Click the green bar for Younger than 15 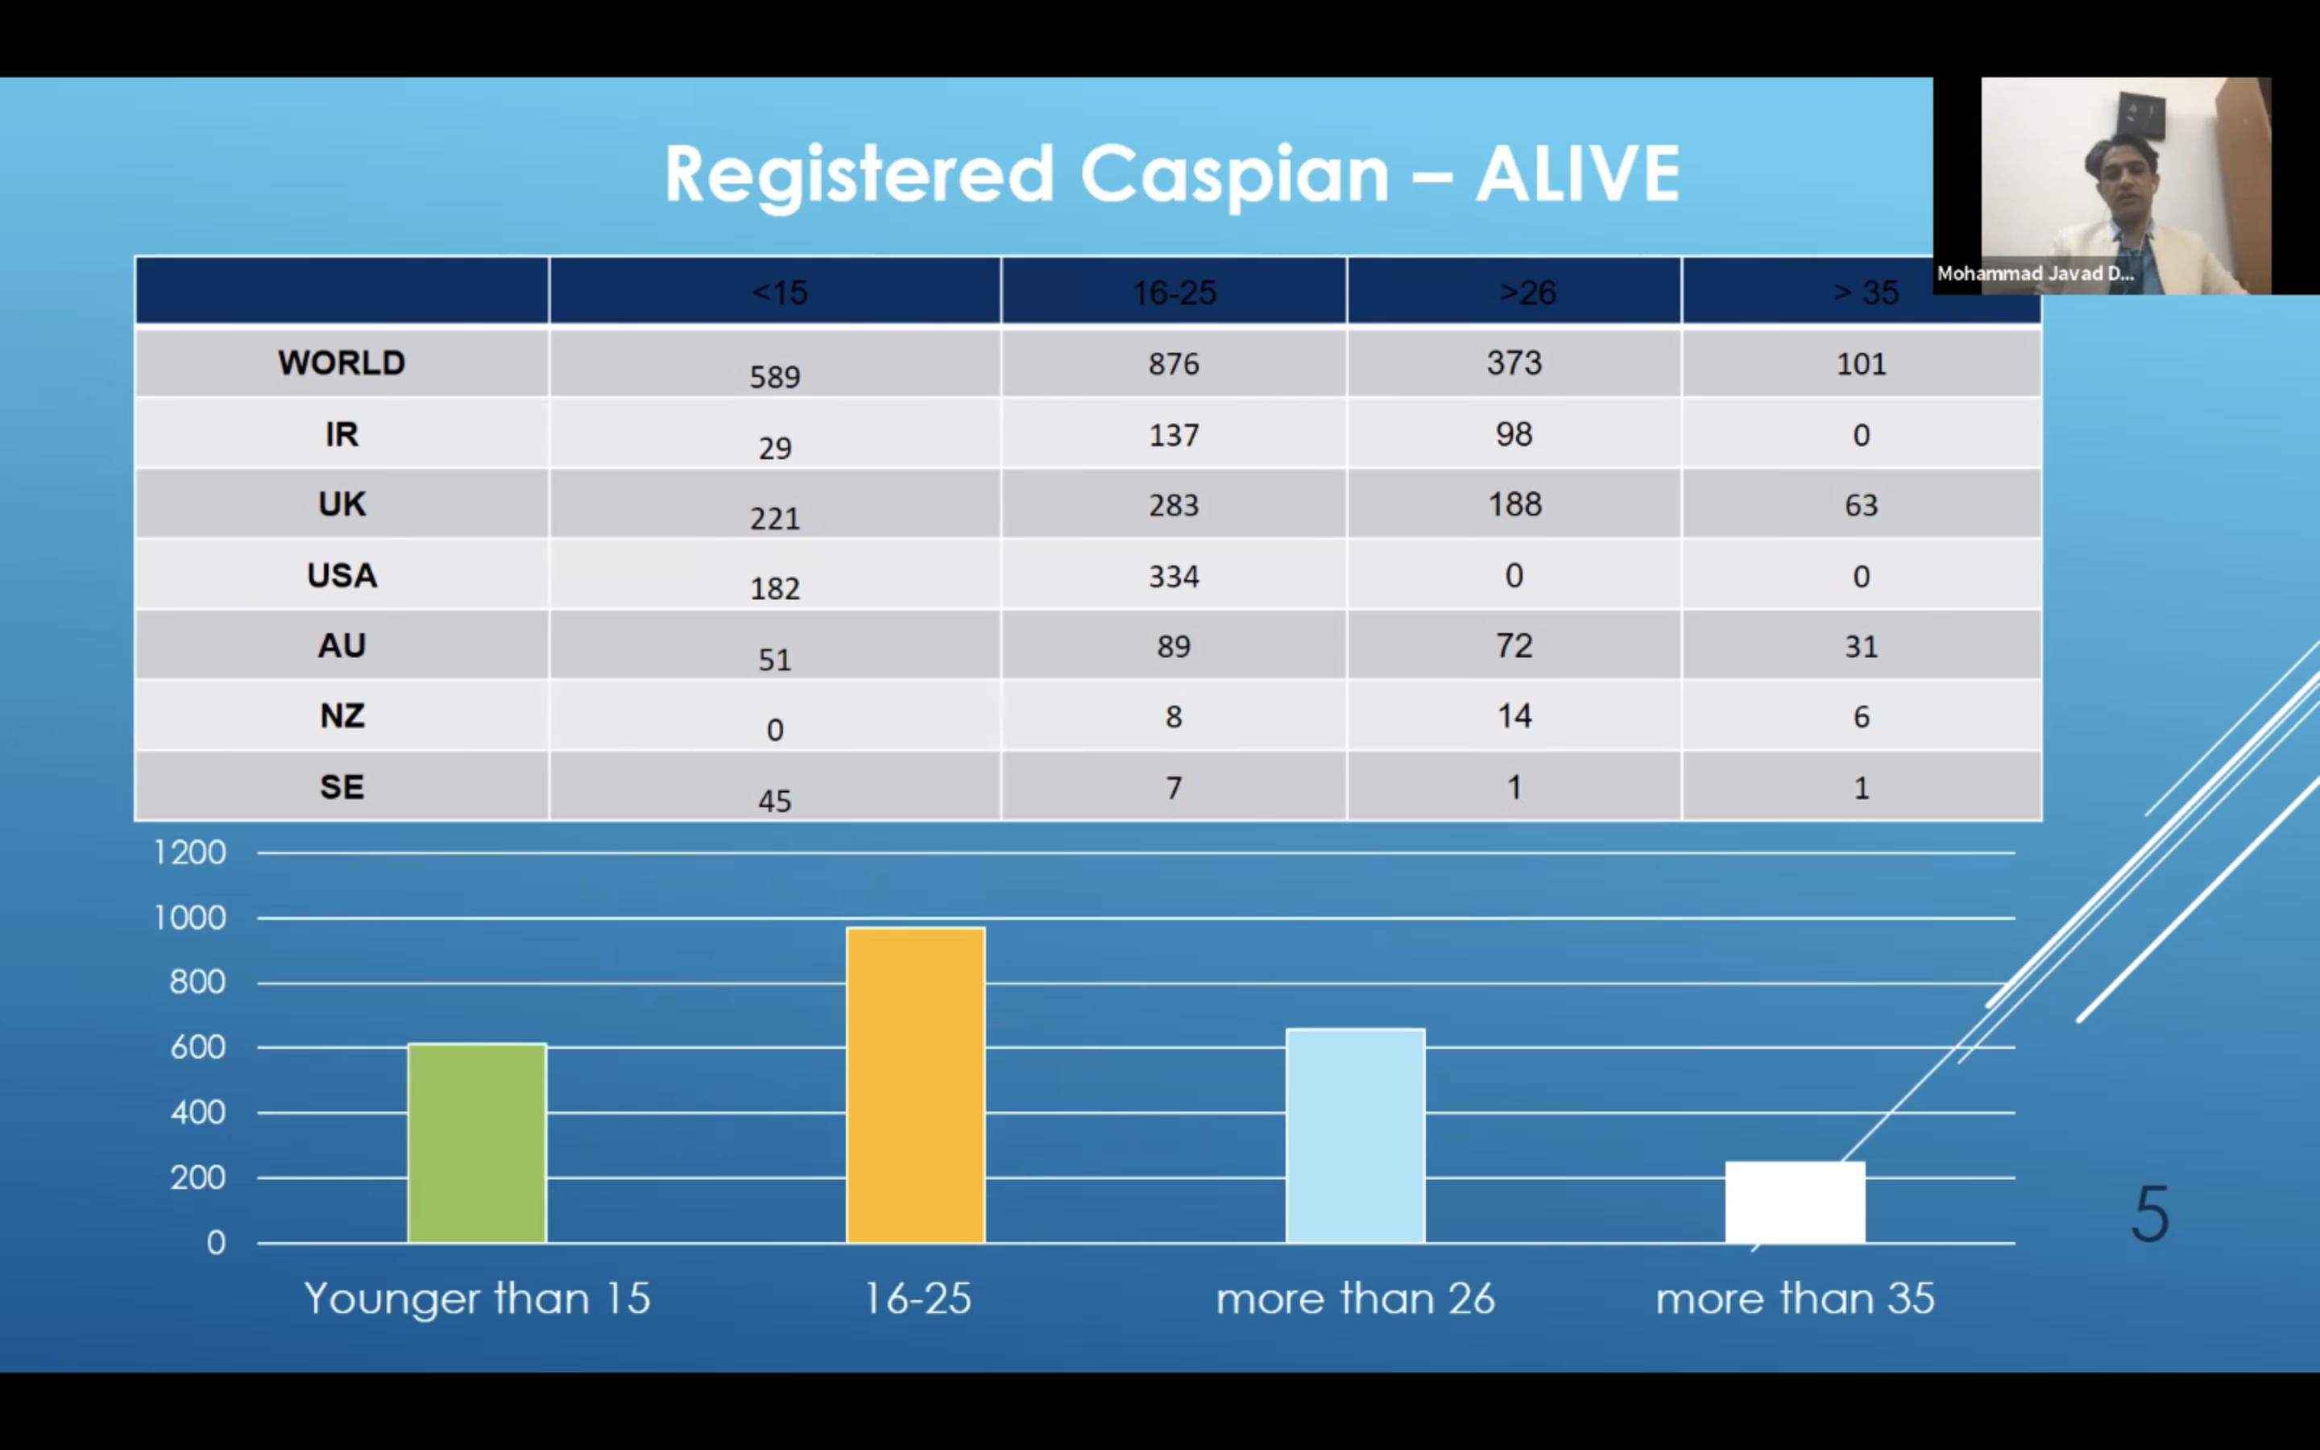tap(476, 1142)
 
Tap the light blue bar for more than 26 tap(1355, 1136)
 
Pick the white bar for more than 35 tap(1795, 1202)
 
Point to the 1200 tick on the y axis tap(190, 852)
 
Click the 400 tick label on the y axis tap(197, 1112)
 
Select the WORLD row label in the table tap(342, 362)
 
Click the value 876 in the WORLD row tap(1174, 364)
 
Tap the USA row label tap(342, 575)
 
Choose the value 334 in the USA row tap(1174, 576)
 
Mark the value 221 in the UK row tap(775, 519)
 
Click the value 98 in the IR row tap(1514, 434)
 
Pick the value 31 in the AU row tap(1861, 646)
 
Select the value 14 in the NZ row tap(1514, 716)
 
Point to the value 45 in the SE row tap(775, 801)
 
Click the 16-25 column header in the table tap(1174, 292)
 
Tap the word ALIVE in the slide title tap(1577, 175)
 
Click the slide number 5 tap(2150, 1214)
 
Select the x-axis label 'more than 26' tap(1355, 1299)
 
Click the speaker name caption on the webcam tap(2034, 274)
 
